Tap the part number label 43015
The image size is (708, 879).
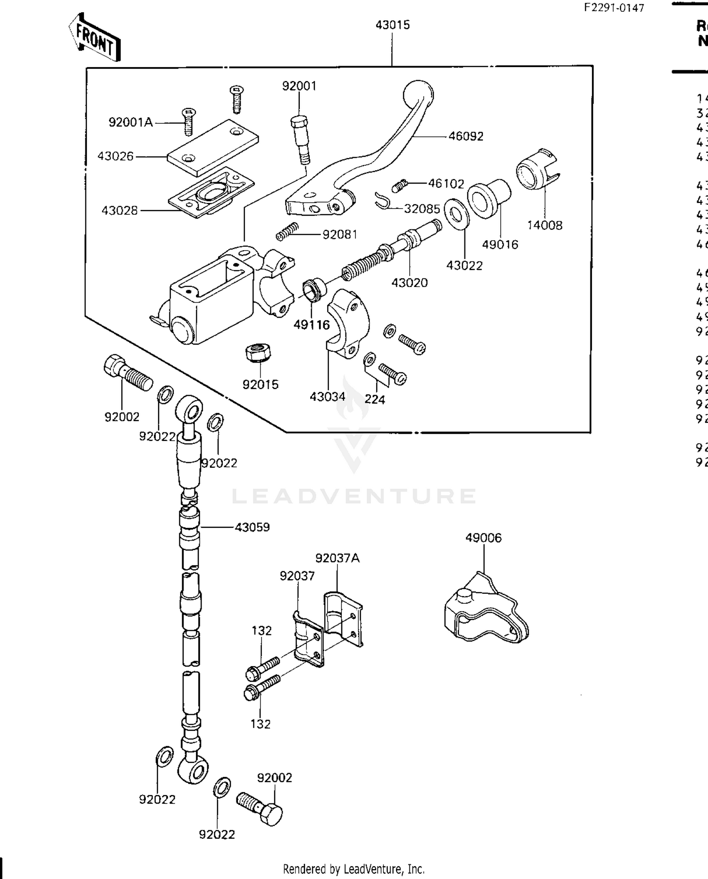pyautogui.click(x=392, y=25)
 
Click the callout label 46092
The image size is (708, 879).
pyautogui.click(x=465, y=136)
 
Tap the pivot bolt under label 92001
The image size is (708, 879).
pyautogui.click(x=300, y=139)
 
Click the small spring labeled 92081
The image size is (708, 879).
pyautogui.click(x=287, y=231)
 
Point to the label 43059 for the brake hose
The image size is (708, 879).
pyautogui.click(x=252, y=527)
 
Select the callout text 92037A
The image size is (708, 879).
pyautogui.click(x=337, y=558)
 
